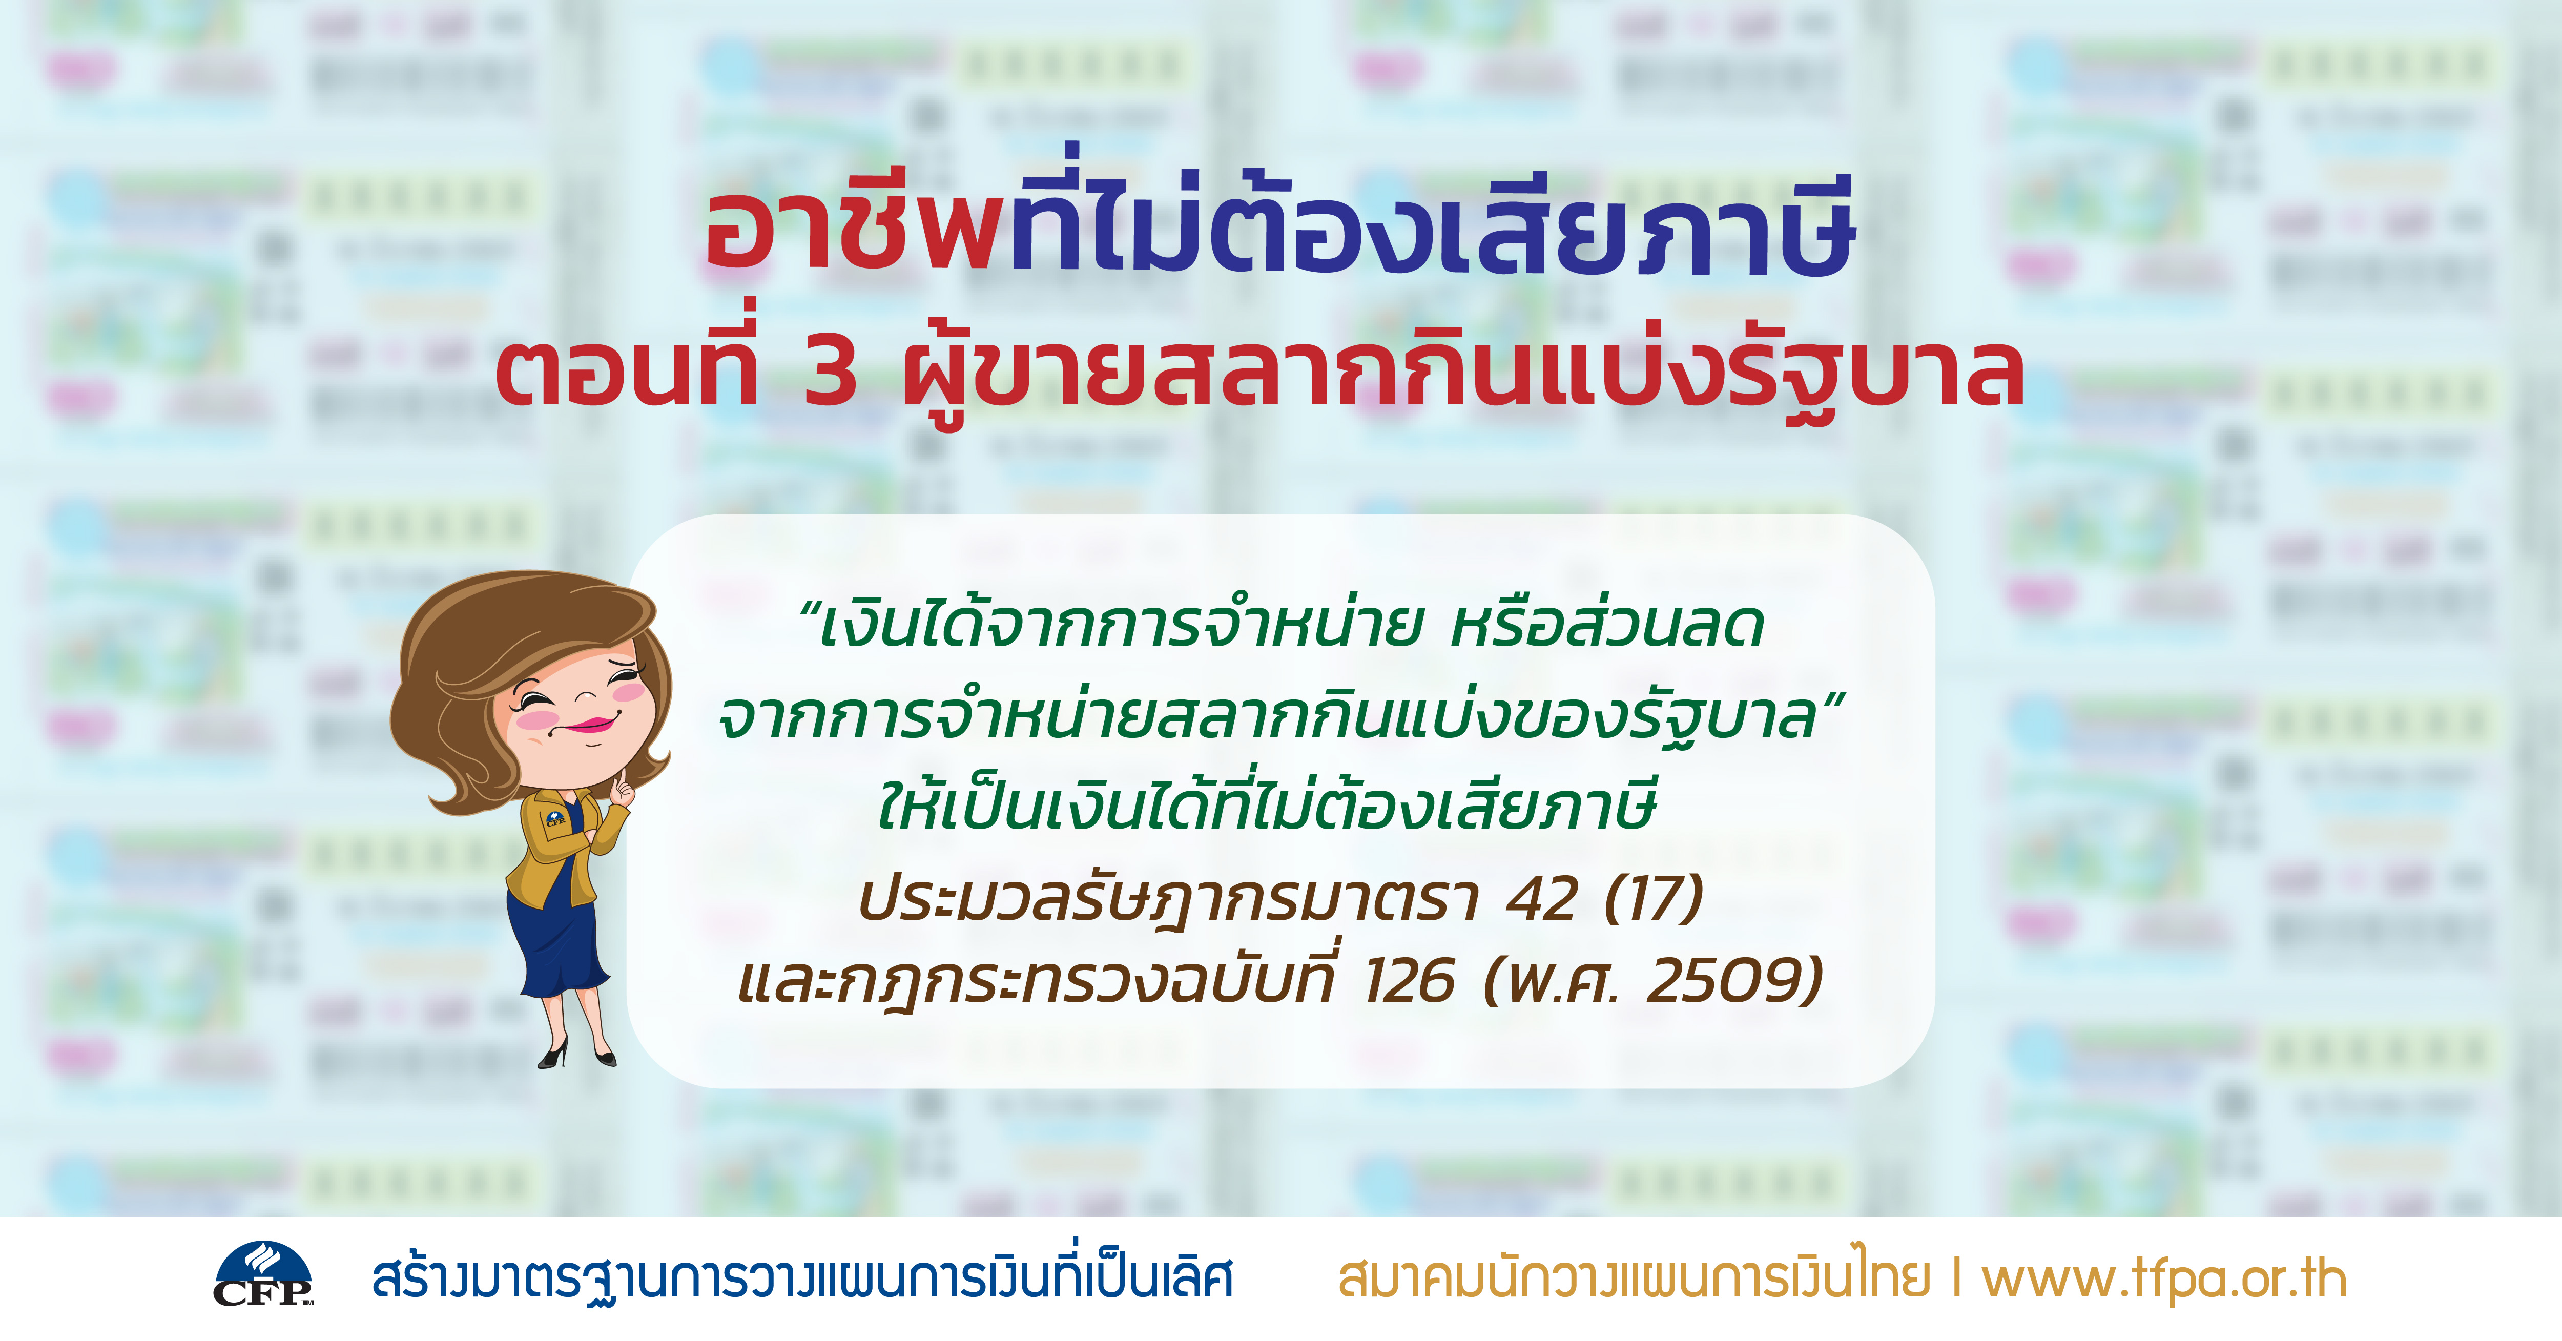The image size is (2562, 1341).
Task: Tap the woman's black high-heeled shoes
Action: coord(577,1053)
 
